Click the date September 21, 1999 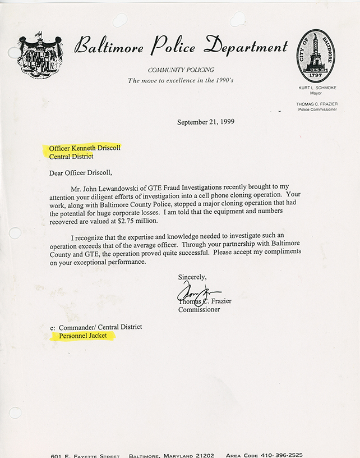point(205,122)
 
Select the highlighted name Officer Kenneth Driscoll point(84,148)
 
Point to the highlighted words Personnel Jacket point(82,336)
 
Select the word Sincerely point(192,277)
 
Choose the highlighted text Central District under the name point(71,157)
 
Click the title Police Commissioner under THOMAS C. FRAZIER point(317,109)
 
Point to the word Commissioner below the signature point(199,309)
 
